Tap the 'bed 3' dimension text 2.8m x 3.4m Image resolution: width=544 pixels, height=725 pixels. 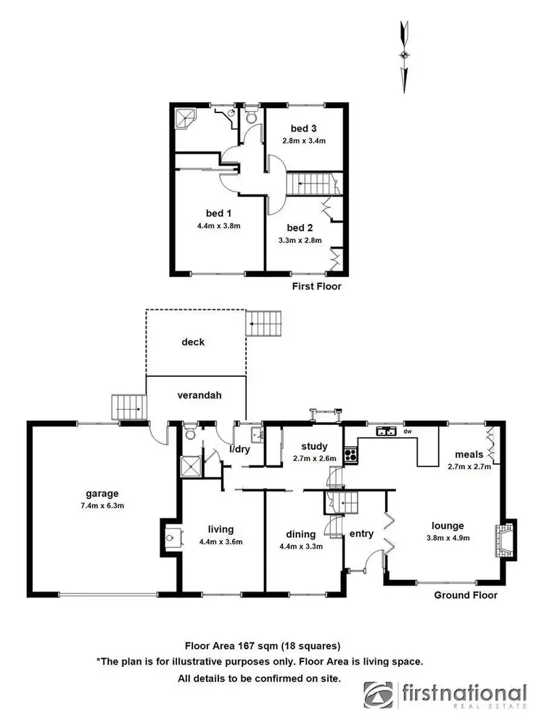click(x=305, y=141)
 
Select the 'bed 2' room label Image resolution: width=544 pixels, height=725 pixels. click(x=299, y=227)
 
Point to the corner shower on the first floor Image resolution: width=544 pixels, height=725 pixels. click(x=185, y=117)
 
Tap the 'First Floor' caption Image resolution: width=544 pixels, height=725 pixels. click(x=316, y=286)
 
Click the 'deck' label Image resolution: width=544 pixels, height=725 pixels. click(x=194, y=341)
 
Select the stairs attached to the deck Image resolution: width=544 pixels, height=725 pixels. click(x=265, y=323)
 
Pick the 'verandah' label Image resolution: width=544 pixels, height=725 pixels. click(x=198, y=396)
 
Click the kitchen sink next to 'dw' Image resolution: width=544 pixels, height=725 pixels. click(x=385, y=431)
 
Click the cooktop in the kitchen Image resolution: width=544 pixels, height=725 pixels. click(x=350, y=455)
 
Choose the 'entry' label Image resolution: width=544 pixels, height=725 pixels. click(x=361, y=534)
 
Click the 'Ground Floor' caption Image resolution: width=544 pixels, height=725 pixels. click(x=465, y=595)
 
